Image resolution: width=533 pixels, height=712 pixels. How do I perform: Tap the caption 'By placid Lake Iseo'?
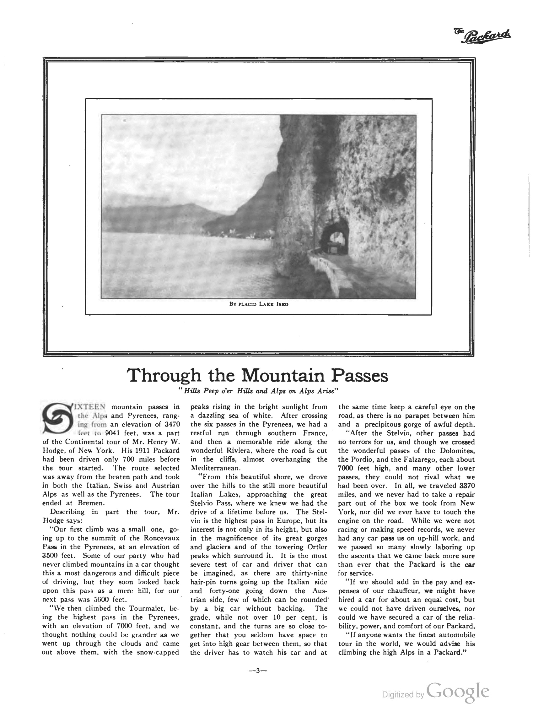(x=259, y=304)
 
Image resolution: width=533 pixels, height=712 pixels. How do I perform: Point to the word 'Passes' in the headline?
(x=360, y=375)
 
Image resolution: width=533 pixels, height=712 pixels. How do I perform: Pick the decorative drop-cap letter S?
(x=57, y=417)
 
